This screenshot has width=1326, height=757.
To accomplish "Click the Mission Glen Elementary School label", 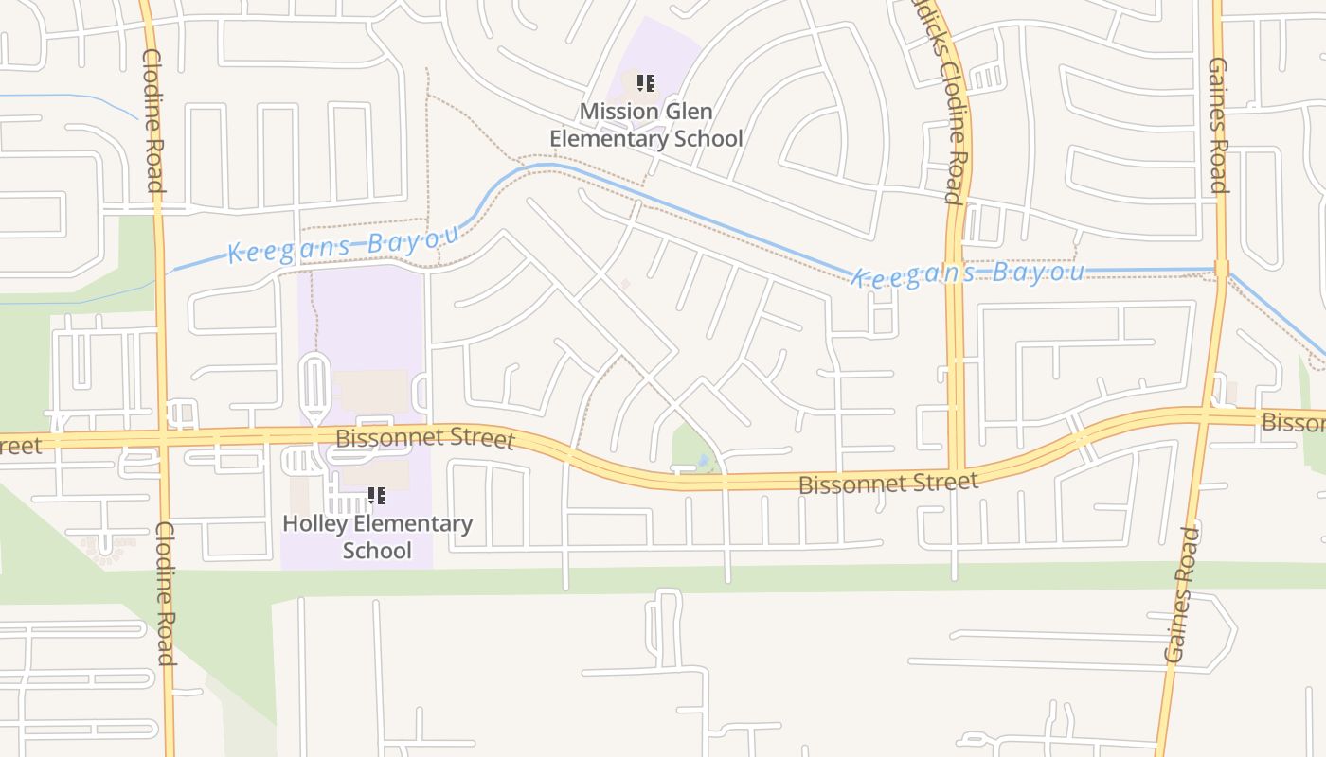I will point(646,125).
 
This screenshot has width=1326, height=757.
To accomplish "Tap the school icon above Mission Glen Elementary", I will point(646,83).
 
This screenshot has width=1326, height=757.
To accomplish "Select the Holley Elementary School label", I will point(377,537).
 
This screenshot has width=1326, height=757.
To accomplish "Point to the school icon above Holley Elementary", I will point(377,495).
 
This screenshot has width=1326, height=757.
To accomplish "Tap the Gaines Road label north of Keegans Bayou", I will point(1218,125).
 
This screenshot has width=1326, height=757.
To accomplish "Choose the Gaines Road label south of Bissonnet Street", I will point(1181,594).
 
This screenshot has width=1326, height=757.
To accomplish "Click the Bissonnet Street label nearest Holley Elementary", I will point(425,439).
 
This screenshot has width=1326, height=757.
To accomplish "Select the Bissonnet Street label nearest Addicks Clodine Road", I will point(887,484).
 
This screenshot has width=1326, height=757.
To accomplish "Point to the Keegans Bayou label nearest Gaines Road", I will point(967,274).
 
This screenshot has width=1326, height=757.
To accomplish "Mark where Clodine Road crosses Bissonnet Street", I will point(163,439).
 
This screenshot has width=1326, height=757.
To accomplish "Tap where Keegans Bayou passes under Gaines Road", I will point(1220,271).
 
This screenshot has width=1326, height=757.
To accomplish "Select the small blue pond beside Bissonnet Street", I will point(702,461).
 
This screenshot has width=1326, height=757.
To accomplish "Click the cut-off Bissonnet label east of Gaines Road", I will point(1294,422).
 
